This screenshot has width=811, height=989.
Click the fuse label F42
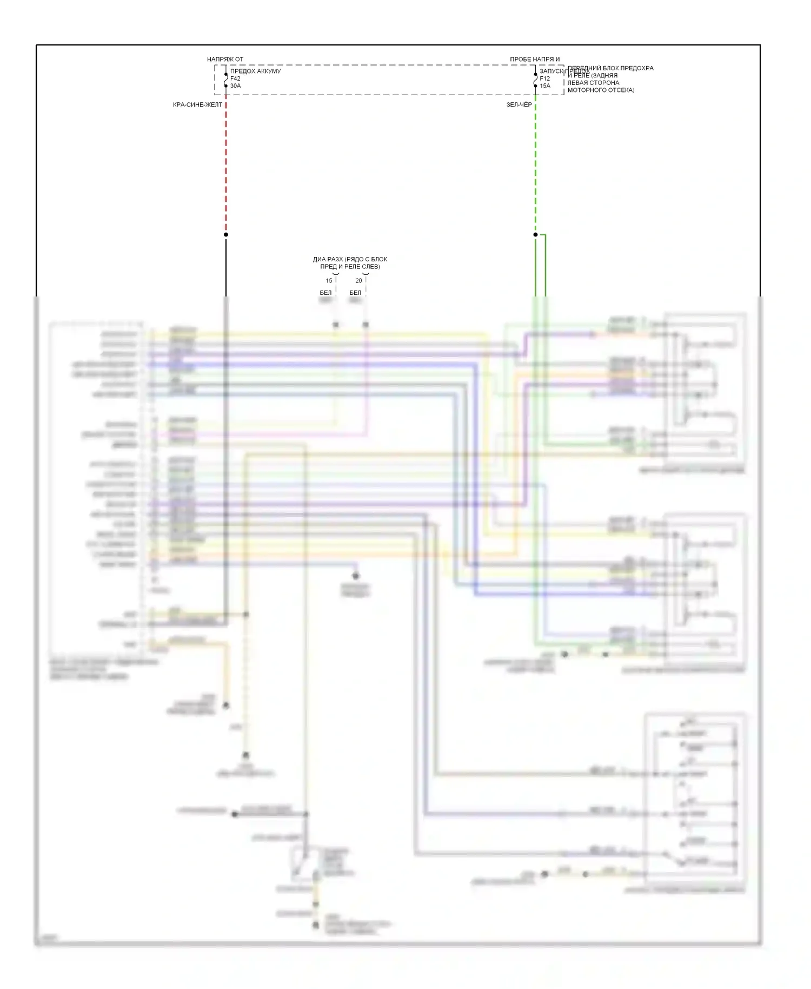235,78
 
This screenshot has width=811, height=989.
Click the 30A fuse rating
236,85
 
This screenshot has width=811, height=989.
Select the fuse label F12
544,78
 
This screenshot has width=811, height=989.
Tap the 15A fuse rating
545,85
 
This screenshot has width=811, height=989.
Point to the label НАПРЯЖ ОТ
225,59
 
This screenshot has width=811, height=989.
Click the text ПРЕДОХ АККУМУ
255,71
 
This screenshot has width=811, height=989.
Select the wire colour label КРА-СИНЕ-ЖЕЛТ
197,104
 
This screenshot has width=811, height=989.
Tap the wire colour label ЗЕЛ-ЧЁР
518,104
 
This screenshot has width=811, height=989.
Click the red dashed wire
226,162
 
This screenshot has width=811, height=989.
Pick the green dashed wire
535,162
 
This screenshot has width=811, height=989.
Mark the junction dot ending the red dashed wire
226,234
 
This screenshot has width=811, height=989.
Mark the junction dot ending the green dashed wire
535,234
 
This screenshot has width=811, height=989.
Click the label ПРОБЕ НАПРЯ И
535,59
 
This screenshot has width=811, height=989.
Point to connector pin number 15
329,281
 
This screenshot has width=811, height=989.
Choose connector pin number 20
358,281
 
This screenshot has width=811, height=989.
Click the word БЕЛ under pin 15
325,293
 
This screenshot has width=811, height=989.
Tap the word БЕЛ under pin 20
355,293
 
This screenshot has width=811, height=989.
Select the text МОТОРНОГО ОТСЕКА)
601,90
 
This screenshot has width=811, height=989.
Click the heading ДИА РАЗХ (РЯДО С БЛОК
350,259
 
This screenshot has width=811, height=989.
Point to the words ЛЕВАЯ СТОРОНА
593,83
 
